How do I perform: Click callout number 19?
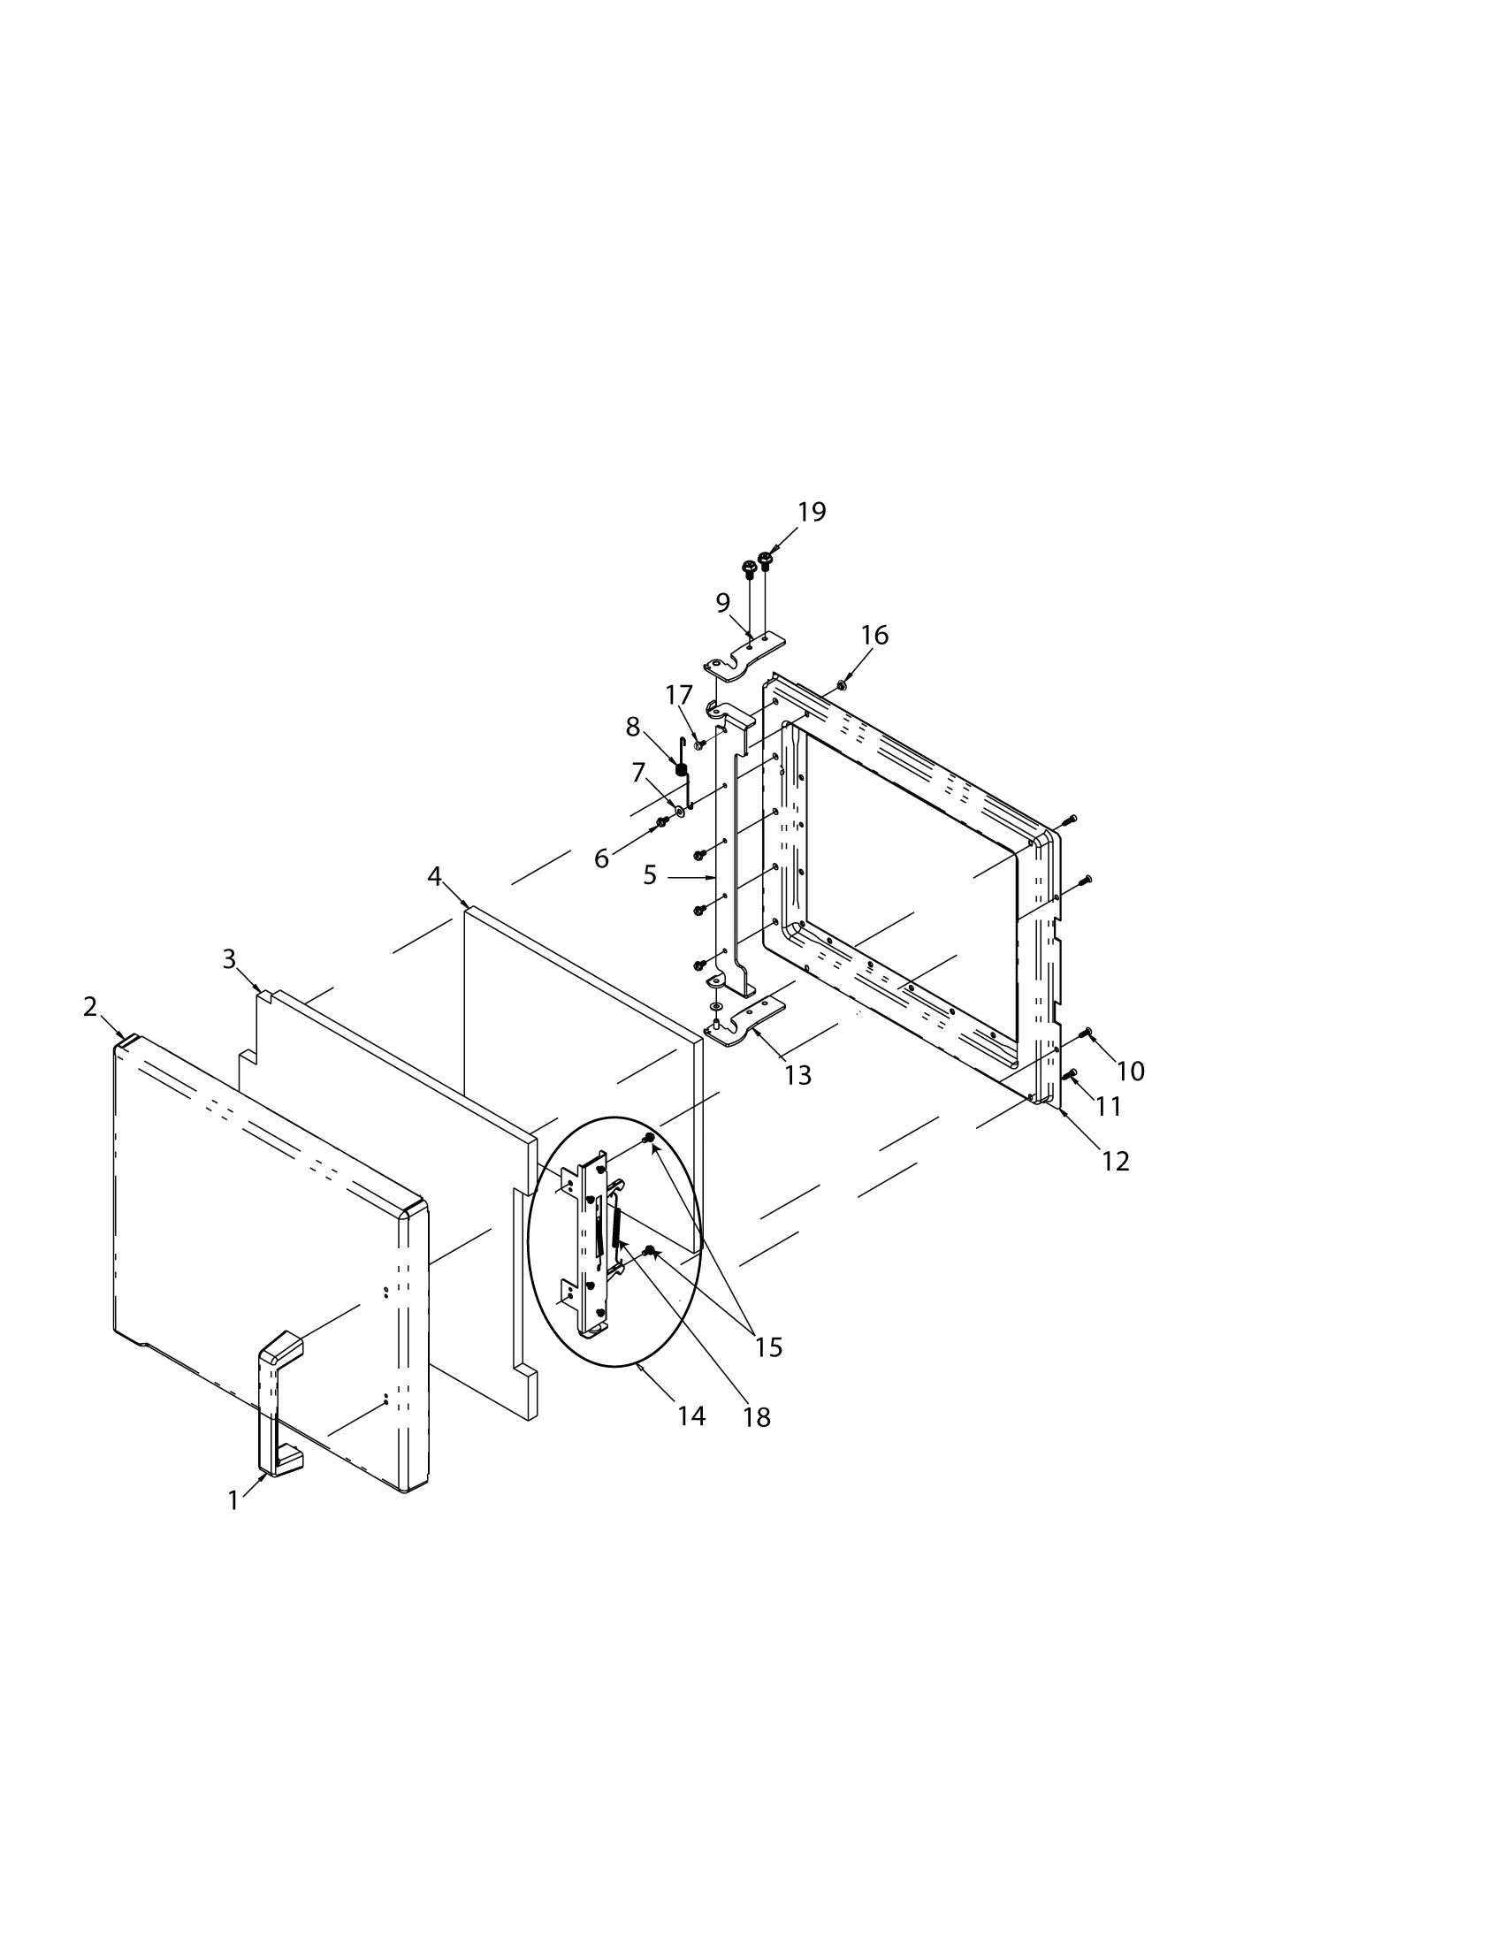tap(811, 512)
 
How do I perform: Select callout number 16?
tap(874, 635)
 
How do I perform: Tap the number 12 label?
tap(1115, 1162)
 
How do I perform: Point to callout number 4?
tap(434, 876)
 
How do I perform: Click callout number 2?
tap(90, 1006)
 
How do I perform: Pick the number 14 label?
tap(691, 1416)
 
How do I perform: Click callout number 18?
tap(757, 1418)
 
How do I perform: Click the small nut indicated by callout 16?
tap(842, 686)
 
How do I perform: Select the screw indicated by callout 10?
tap(1086, 1032)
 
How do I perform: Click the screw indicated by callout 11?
tap(1072, 1074)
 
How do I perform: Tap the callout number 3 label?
tap(229, 959)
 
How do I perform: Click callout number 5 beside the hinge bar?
tap(650, 876)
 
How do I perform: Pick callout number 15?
tap(768, 1347)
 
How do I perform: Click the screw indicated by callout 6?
tap(661, 821)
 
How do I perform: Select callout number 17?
tap(678, 695)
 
